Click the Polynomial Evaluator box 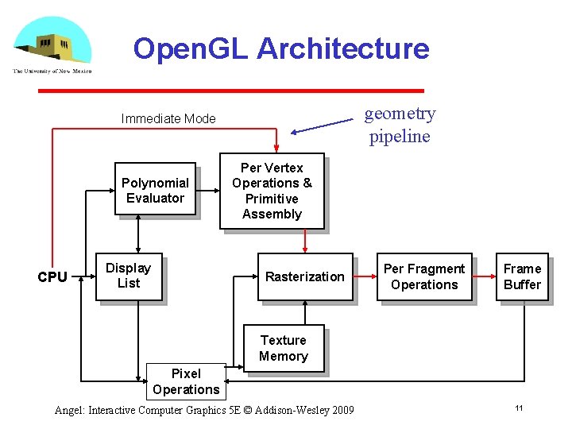155,191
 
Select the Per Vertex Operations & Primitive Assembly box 272,191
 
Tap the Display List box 129,276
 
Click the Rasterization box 304,276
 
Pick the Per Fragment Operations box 424,276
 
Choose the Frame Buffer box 522,276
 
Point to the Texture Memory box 283,348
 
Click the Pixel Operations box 186,381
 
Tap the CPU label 52,277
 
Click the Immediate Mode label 168,119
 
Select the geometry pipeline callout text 400,125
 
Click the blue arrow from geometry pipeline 322,127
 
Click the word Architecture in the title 343,49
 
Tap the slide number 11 519,408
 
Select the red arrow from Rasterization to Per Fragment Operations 366,277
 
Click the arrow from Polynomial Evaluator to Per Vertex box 208,191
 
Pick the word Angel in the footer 69,411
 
